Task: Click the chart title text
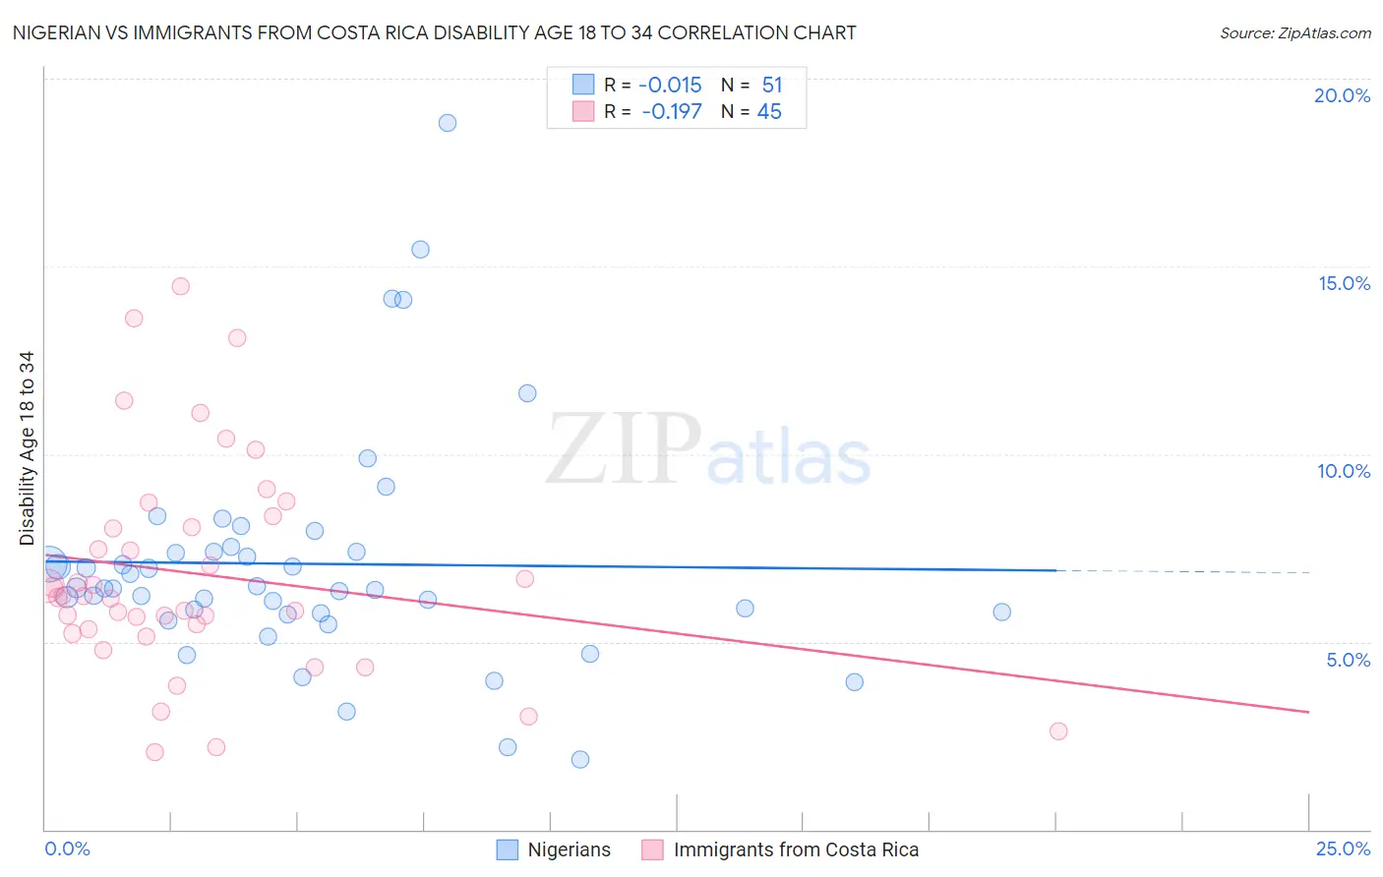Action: coord(434,32)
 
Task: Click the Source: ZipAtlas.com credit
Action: coord(1294,32)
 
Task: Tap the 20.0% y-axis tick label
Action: coord(1342,95)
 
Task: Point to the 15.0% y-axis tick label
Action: coord(1344,283)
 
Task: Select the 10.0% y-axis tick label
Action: coord(1344,471)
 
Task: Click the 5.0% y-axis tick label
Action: coord(1348,660)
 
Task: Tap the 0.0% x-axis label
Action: coord(67,848)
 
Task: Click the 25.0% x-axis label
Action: coord(1343,848)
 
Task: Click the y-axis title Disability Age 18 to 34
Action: coord(27,448)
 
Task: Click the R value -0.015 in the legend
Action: coord(670,86)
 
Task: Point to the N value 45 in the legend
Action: coord(769,112)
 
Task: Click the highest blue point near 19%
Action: coord(448,123)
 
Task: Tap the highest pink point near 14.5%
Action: coord(180,286)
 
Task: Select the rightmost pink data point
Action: coord(1058,731)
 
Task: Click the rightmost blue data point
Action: coord(1001,612)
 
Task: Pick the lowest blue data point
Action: coord(580,759)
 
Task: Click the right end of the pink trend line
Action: coord(1308,712)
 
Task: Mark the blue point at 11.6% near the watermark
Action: coord(527,393)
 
